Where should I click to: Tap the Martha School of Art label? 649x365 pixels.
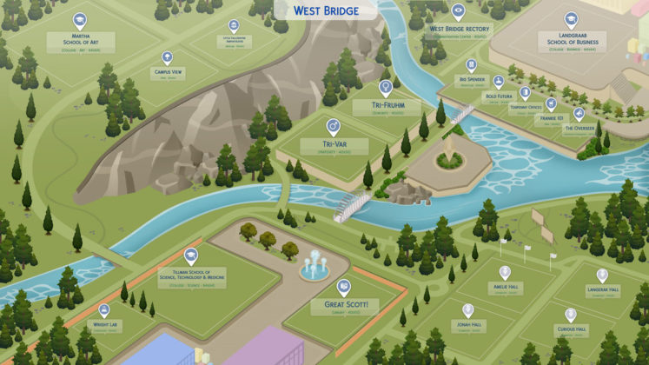(x=79, y=42)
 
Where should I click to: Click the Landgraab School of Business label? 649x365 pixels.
(x=571, y=42)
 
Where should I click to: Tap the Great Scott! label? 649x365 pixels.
(x=345, y=305)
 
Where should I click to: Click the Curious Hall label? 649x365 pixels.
(x=571, y=331)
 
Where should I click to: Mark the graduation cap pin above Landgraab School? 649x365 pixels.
(x=571, y=19)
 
